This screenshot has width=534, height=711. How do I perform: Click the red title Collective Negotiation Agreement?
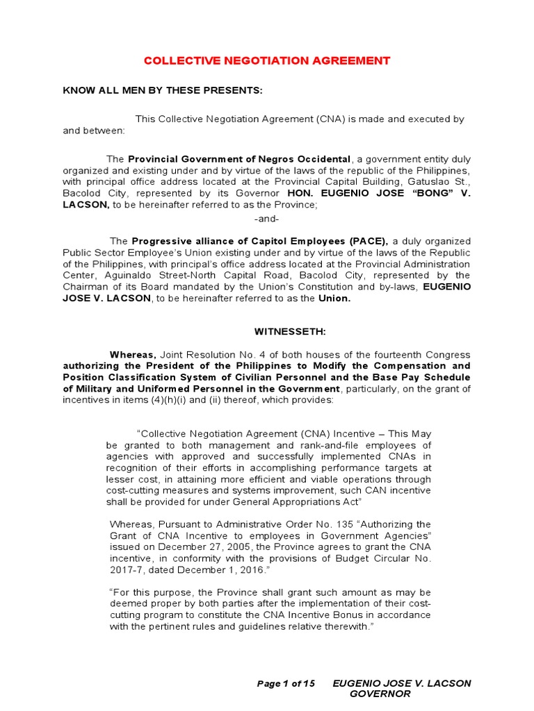point(267,61)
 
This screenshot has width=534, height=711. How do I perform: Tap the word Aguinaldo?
point(86,275)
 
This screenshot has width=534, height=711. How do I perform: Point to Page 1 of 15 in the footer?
point(286,683)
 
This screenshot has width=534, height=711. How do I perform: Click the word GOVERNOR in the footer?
point(380,694)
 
